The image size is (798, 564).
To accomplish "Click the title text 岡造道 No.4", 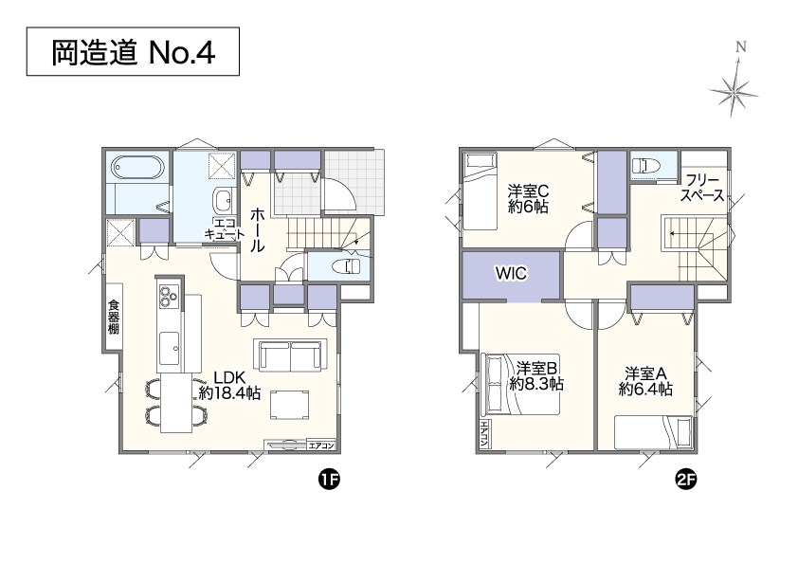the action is click(134, 52).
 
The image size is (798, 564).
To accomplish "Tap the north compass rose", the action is click(734, 86).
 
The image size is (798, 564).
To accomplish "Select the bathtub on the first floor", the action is click(138, 167).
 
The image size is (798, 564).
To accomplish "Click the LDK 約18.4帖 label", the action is click(229, 386).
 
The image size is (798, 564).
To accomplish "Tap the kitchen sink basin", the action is click(169, 349).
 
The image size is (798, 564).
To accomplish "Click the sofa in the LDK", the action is click(291, 355).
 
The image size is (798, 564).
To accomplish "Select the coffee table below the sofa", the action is click(289, 405).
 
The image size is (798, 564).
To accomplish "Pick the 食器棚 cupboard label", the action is click(113, 317).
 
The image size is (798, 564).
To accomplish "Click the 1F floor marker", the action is click(329, 480).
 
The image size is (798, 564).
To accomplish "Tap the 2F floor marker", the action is click(685, 480).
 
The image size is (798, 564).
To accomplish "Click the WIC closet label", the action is click(511, 273).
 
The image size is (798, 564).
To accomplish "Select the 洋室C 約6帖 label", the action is click(528, 199).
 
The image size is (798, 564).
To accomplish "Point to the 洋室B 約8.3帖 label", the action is click(536, 375).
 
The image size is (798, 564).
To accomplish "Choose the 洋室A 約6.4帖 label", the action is click(645, 381).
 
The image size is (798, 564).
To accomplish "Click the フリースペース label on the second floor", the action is click(702, 188).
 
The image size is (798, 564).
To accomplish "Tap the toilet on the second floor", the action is click(645, 165).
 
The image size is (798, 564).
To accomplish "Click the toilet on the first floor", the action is click(346, 265).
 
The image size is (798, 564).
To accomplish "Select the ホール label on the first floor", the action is click(257, 230).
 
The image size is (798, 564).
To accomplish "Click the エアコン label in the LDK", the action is click(321, 446).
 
